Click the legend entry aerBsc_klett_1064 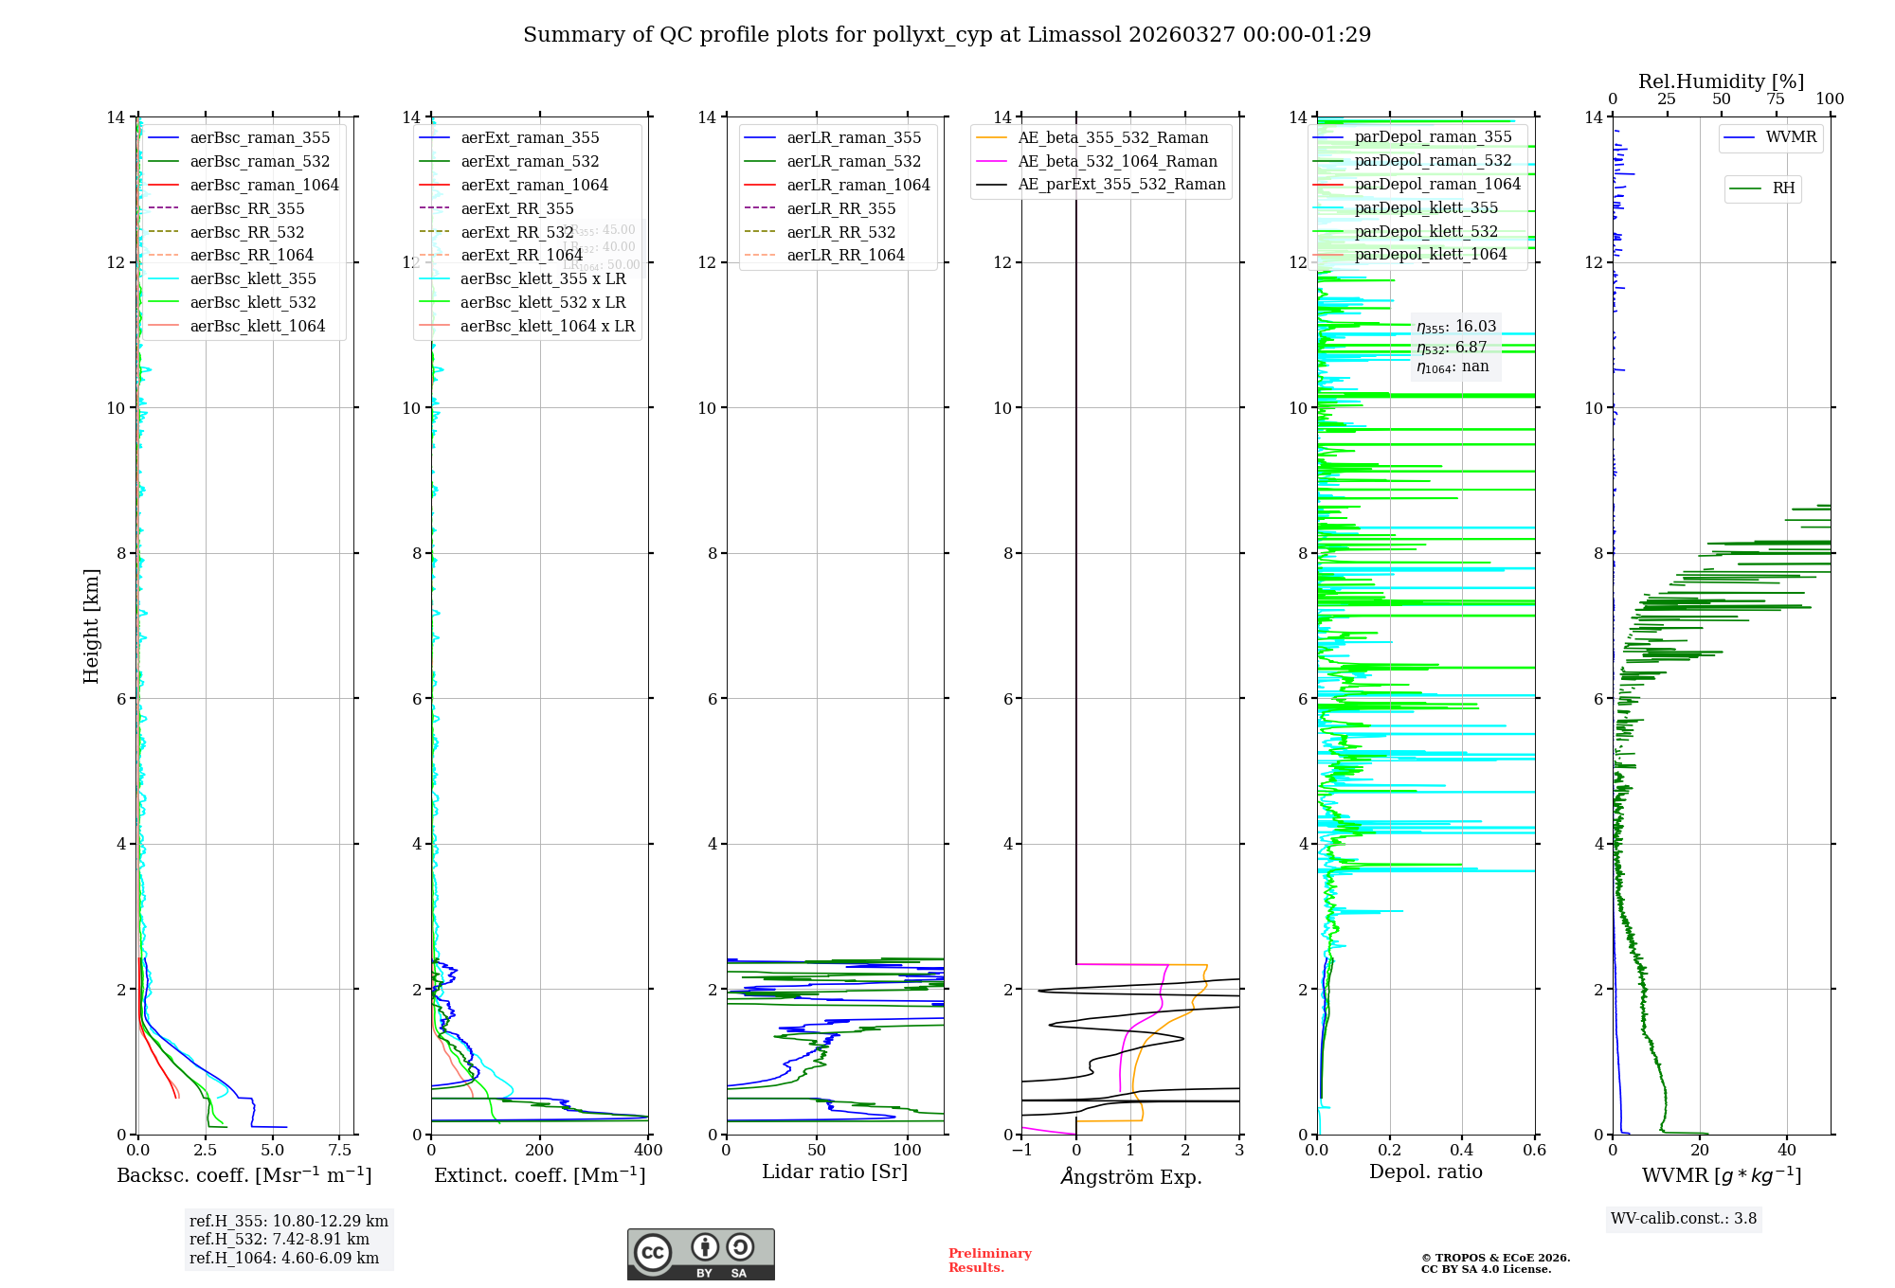click(x=257, y=326)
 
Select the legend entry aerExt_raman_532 click(x=530, y=161)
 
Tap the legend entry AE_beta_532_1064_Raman click(x=1117, y=161)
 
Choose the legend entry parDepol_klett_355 click(x=1426, y=207)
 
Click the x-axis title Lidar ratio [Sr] click(x=835, y=1172)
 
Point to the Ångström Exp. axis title click(x=1130, y=1176)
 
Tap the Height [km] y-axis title click(x=91, y=625)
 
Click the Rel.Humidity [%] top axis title click(x=1721, y=81)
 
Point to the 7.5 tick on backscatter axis click(x=340, y=1150)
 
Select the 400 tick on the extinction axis click(x=649, y=1150)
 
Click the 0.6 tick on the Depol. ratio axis click(x=1534, y=1150)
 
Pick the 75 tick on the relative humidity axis click(x=1776, y=98)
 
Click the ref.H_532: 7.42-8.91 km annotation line click(x=280, y=1239)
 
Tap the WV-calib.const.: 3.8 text click(x=1684, y=1218)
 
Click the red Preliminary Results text click(x=989, y=1260)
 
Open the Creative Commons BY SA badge click(x=700, y=1255)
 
